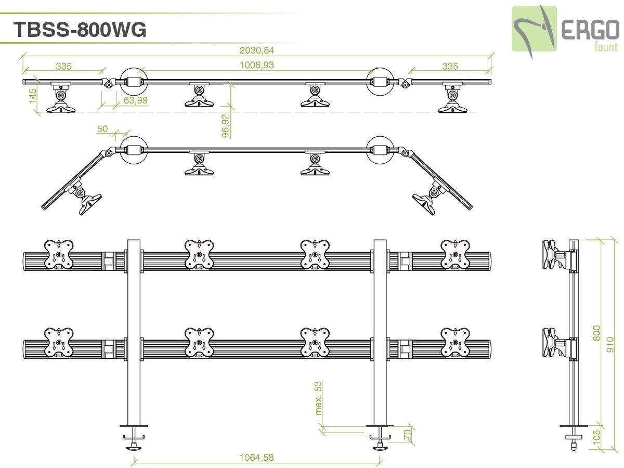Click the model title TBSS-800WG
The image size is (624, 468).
tap(80, 30)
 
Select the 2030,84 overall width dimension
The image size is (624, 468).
tap(256, 50)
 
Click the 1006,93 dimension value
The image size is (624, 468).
tap(256, 66)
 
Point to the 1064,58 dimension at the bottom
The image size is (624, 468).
tap(256, 458)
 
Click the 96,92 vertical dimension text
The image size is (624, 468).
tap(225, 126)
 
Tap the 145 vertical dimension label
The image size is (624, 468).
tap(33, 97)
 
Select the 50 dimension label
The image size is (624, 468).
tap(102, 128)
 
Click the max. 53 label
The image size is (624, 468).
tap(318, 398)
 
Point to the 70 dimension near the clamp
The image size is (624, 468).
tap(407, 435)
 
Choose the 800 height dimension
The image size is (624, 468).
tap(597, 333)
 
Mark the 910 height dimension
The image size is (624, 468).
tap(610, 344)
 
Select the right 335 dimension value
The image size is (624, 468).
tap(450, 66)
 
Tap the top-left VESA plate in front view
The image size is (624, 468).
tap(59, 255)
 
